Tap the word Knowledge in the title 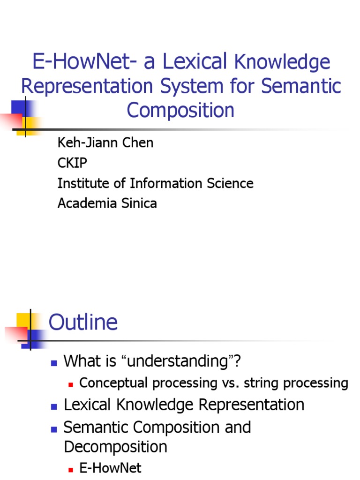[281, 62]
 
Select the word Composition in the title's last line [180, 111]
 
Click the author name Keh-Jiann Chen [105, 143]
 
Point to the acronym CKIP [72, 163]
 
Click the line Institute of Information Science [155, 183]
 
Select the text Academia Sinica [107, 203]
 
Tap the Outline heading [83, 322]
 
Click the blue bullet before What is [54, 362]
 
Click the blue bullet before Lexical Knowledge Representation [54, 406]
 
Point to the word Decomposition [115, 447]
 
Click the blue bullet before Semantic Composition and [54, 428]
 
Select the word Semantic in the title [300, 86]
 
